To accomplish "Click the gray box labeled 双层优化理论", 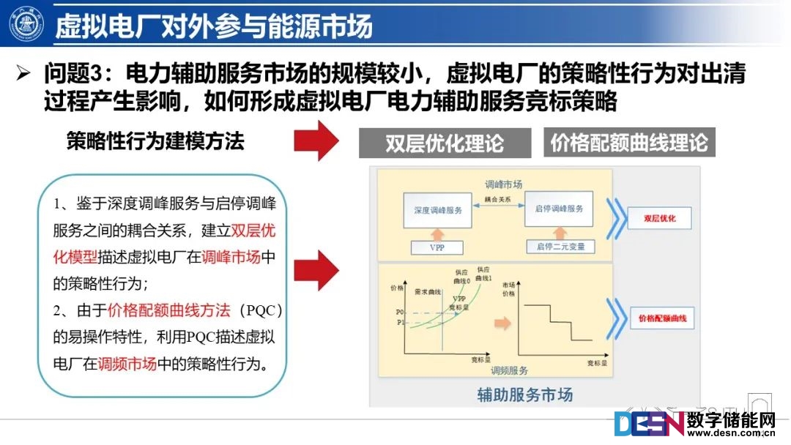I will tap(444, 143).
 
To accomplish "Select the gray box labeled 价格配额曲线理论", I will tap(629, 143).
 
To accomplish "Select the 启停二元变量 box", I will tap(560, 247).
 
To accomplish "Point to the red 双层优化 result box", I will tap(659, 218).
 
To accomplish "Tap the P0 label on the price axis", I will tap(398, 313).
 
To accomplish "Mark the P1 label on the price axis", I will tap(398, 323).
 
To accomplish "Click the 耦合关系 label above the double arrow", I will tap(497, 198).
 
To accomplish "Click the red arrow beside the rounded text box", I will tap(316, 269).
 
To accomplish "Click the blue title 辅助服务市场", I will tap(524, 394).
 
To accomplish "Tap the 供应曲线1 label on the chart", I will tap(483, 274).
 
